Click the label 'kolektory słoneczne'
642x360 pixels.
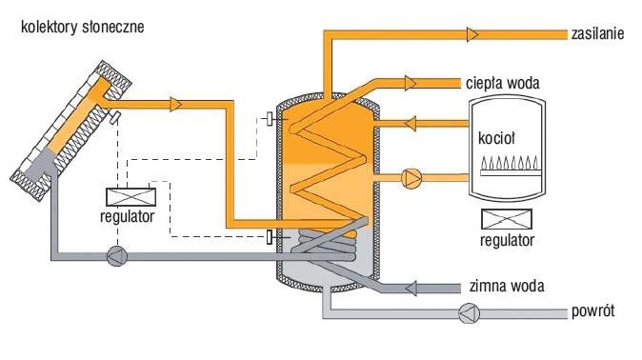click(82, 28)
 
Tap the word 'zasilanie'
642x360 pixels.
click(598, 33)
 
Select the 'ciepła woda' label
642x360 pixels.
click(502, 83)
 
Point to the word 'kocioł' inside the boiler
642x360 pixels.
click(496, 138)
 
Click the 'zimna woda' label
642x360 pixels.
click(507, 286)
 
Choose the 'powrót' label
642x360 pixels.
click(592, 311)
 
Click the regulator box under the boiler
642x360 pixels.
click(507, 219)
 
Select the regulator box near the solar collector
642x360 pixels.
click(131, 197)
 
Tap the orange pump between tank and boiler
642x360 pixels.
click(411, 178)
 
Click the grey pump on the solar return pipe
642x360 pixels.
click(117, 256)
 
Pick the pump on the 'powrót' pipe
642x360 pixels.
click(469, 313)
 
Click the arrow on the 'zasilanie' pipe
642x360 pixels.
click(472, 34)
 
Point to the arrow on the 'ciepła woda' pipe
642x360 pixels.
click(411, 83)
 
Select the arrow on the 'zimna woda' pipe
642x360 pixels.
click(411, 288)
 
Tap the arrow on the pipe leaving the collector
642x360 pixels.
click(176, 105)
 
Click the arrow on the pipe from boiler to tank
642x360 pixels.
click(410, 123)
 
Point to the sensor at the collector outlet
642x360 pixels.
click(114, 117)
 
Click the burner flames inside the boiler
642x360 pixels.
click(511, 164)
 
